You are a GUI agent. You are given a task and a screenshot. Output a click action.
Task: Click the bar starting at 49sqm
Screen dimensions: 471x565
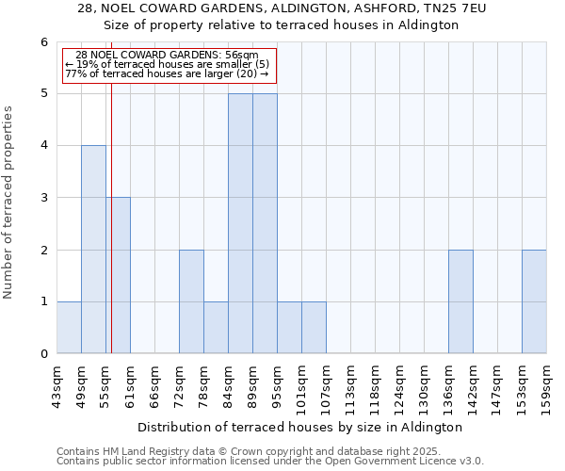coord(93,250)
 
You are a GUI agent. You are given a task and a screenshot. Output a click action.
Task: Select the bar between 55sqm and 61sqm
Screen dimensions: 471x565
coord(119,275)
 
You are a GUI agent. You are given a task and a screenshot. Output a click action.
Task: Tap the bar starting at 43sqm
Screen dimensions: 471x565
coord(69,328)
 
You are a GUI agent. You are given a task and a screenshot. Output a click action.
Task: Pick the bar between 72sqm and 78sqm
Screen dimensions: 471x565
coord(191,301)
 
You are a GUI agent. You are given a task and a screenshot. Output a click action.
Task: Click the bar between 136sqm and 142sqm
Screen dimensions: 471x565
coord(460,301)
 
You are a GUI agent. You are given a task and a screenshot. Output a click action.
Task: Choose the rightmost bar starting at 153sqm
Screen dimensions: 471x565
coord(534,301)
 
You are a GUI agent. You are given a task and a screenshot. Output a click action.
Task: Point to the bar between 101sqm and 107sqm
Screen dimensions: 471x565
coord(314,328)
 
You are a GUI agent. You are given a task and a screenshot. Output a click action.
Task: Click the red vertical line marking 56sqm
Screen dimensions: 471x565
coord(111,217)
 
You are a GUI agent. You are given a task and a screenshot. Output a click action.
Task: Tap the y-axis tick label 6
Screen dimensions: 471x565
coord(43,42)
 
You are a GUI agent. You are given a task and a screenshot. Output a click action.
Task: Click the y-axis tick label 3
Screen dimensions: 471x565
coord(43,198)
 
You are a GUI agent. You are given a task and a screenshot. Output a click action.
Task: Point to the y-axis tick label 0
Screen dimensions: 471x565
coord(43,354)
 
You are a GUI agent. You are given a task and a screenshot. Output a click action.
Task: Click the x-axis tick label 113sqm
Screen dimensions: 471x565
coord(351,384)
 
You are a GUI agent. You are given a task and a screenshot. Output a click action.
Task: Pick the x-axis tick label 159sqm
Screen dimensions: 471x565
coord(547,384)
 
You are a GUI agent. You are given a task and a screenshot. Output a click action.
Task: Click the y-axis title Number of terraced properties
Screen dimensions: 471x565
coord(9,203)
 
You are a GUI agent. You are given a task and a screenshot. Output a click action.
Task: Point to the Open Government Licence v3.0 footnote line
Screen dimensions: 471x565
coord(270,462)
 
